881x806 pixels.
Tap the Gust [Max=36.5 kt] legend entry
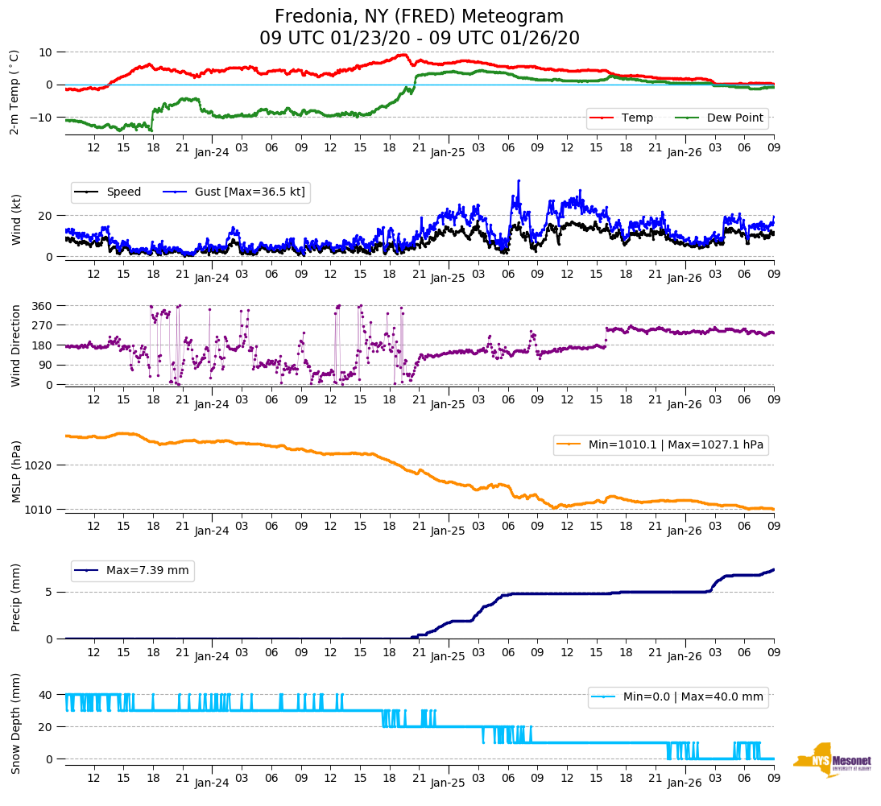(234, 192)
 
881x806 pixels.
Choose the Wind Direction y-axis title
(16, 345)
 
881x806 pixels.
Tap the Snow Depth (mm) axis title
(16, 722)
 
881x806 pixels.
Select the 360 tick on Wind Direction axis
(43, 306)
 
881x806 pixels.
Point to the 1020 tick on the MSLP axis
(40, 465)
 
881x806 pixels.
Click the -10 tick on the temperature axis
(42, 118)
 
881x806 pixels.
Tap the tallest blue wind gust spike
(519, 181)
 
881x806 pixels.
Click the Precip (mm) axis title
(16, 597)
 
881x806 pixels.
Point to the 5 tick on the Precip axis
(49, 592)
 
